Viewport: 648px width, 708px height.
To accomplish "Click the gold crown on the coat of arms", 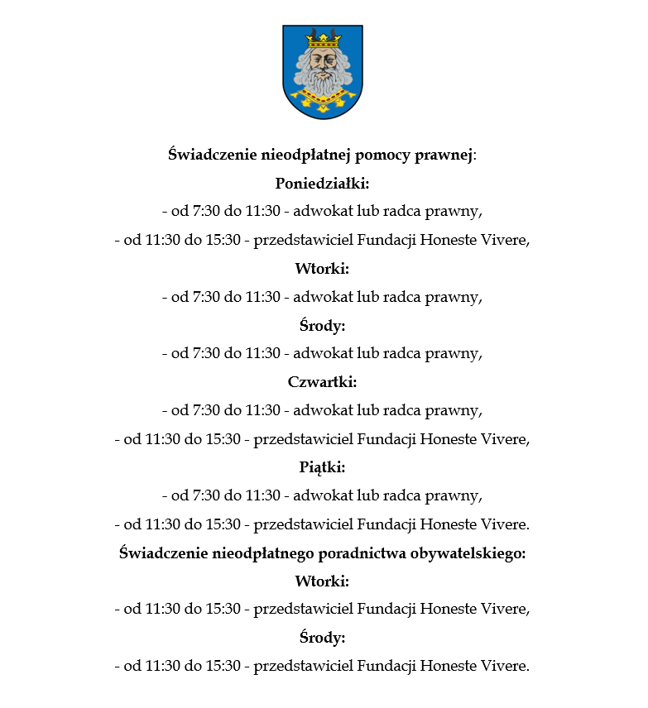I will pyautogui.click(x=323, y=38).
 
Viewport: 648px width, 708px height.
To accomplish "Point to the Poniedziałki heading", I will pyautogui.click(x=322, y=182).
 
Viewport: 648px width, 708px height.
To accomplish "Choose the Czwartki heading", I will pyautogui.click(x=322, y=381).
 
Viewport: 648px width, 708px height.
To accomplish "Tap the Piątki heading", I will pyautogui.click(x=322, y=467).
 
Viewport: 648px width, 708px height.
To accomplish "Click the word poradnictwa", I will pyautogui.click(x=362, y=553).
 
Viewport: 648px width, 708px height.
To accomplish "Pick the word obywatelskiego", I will pyautogui.click(x=468, y=553).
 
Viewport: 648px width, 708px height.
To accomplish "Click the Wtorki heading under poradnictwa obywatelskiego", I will pyautogui.click(x=322, y=581).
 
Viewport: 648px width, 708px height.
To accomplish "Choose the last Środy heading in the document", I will pyautogui.click(x=322, y=638).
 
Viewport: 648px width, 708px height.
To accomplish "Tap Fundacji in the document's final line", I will pyautogui.click(x=386, y=666).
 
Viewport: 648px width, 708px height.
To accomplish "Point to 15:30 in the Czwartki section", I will pyautogui.click(x=223, y=438).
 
